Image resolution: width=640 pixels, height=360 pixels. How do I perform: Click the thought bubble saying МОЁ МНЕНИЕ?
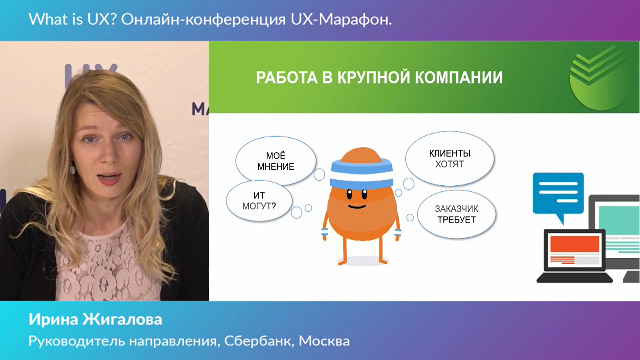point(276,161)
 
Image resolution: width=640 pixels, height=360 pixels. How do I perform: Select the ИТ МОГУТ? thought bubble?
point(259,201)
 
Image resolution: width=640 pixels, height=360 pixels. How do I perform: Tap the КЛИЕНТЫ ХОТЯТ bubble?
point(450,159)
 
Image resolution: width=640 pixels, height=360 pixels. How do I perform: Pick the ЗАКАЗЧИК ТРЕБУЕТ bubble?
point(456,214)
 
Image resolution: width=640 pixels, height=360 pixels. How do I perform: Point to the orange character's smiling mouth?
point(357,207)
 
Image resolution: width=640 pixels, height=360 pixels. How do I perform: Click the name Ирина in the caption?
point(53,319)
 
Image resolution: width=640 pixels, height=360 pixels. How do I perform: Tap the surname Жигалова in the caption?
point(122,319)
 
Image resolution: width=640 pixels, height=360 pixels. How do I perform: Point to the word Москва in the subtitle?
point(324,341)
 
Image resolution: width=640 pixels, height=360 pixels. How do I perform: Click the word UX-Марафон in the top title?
point(341,19)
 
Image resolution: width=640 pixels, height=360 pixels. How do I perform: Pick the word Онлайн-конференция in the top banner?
point(203,20)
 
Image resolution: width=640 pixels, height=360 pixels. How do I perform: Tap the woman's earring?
point(72,170)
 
